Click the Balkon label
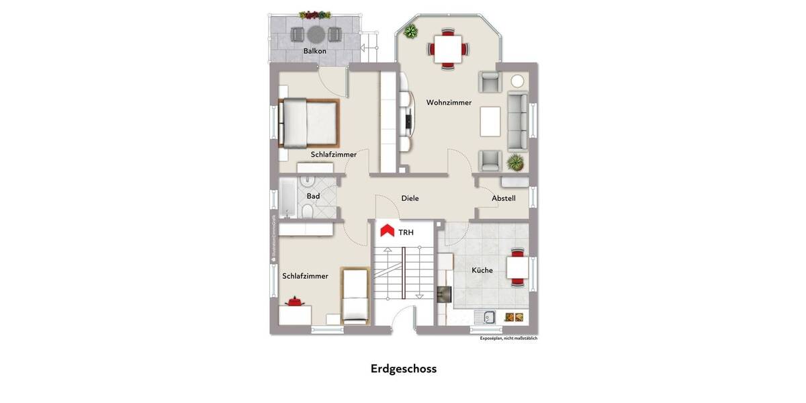314,51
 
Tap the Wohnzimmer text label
449,103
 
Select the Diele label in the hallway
410,198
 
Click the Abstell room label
504,198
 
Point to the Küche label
482,270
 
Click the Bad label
313,196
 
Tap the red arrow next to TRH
387,231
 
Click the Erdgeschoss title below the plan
403,369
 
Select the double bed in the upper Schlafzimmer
309,123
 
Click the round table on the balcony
317,34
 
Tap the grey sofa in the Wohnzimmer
518,122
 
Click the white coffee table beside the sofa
490,122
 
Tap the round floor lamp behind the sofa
517,81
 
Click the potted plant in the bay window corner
410,31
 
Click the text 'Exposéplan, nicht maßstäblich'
508,339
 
